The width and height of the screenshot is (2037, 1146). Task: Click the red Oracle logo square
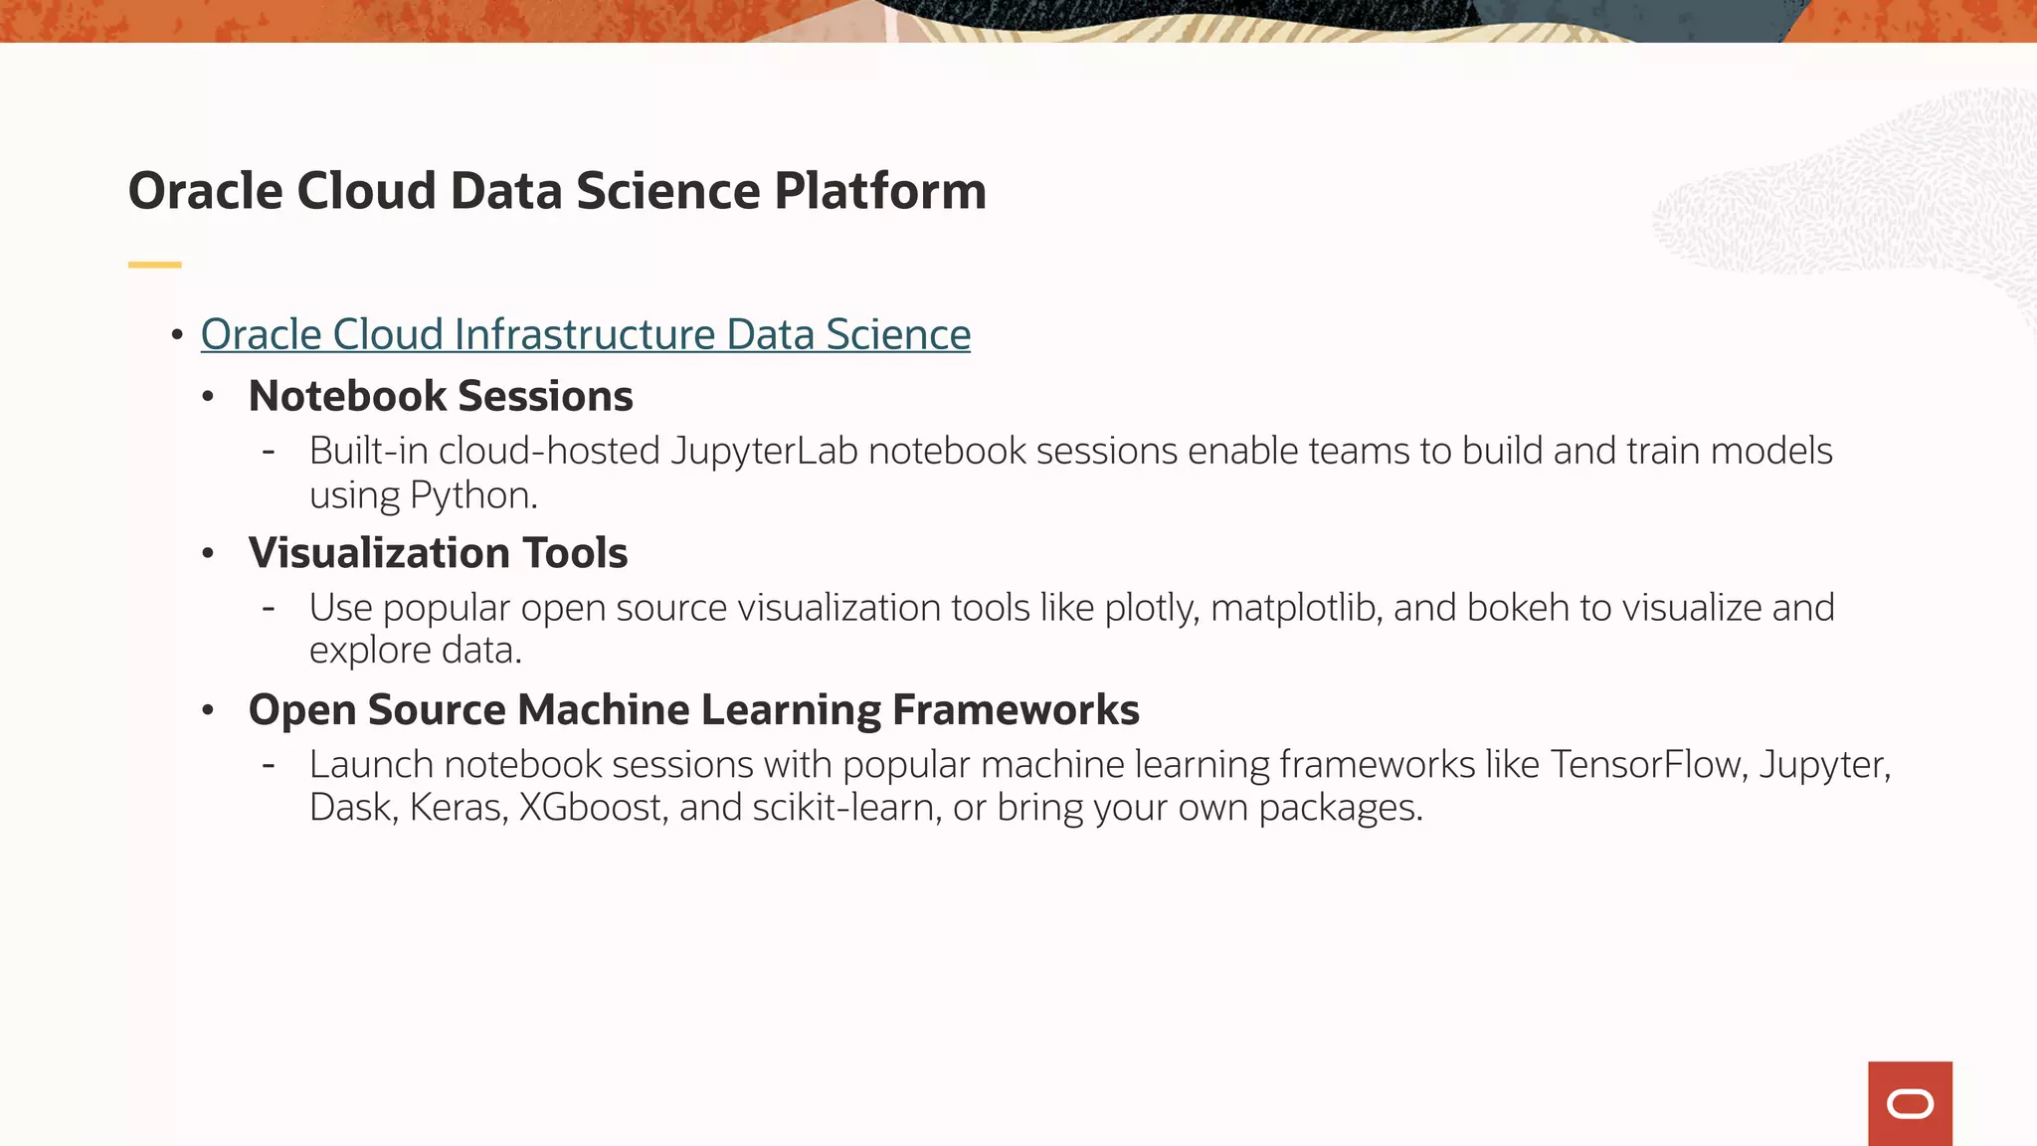click(x=1910, y=1103)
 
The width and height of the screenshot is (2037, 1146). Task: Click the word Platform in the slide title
click(x=880, y=191)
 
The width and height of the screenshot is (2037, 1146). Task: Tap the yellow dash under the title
click(x=154, y=265)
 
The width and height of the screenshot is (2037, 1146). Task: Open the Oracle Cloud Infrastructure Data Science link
click(x=585, y=335)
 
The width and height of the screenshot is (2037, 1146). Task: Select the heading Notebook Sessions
click(x=441, y=396)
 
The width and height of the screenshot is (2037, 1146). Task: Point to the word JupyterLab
click(x=764, y=452)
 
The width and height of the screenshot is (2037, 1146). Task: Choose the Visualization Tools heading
click(x=438, y=553)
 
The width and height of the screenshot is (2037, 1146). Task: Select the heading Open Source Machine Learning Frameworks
click(x=693, y=710)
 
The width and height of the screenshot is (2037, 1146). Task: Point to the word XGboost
click(x=592, y=808)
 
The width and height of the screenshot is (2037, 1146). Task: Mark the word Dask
click(x=350, y=808)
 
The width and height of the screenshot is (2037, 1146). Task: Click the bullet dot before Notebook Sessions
click(x=208, y=397)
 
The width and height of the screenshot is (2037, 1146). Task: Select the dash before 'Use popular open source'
click(x=269, y=608)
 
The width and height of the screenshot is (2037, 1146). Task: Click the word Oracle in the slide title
click(x=205, y=191)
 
